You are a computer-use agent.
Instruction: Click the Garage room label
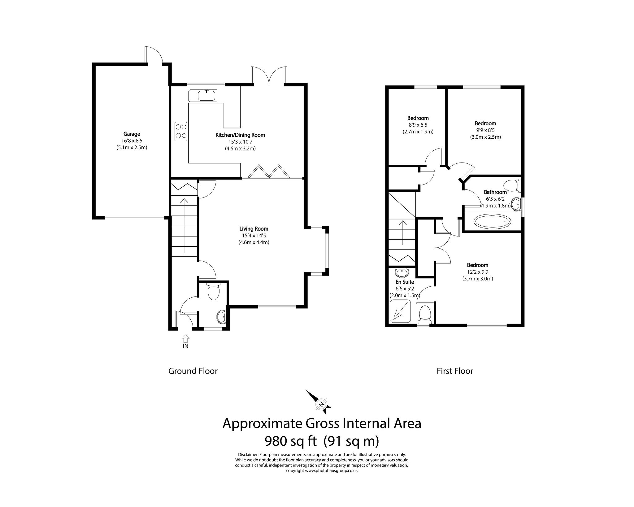tap(132, 134)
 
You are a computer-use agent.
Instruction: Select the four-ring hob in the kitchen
tap(181, 131)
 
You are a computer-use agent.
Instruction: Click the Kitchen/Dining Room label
tap(240, 135)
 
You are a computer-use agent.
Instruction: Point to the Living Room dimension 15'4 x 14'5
tap(254, 236)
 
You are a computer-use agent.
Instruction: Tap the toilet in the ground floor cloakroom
tap(214, 292)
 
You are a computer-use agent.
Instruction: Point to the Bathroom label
tap(495, 192)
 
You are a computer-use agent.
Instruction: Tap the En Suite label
tap(404, 282)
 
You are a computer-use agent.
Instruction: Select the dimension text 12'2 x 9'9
tap(477, 272)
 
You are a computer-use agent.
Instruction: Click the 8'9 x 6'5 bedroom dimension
tap(418, 125)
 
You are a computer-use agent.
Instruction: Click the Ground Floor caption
tap(193, 371)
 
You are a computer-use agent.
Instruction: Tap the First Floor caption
tap(454, 371)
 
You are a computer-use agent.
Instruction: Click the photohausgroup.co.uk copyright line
tap(322, 479)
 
